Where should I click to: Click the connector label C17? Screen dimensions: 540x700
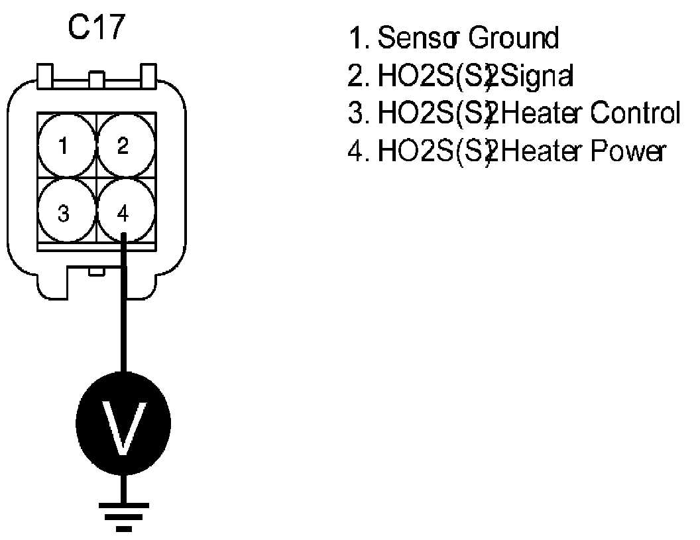pyautogui.click(x=97, y=29)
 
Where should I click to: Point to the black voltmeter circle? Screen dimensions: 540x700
pyautogui.click(x=124, y=423)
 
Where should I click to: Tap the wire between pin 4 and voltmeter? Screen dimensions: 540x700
pyautogui.click(x=124, y=312)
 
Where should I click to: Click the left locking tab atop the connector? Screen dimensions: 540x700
pyautogui.click(x=46, y=76)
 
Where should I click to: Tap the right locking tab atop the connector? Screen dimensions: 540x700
pyautogui.click(x=148, y=76)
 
